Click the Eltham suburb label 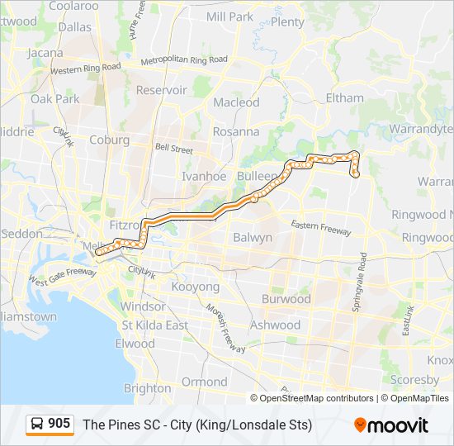coord(344,97)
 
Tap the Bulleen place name coord(260,177)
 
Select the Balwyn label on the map coord(253,237)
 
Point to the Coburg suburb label coord(109,140)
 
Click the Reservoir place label coord(162,89)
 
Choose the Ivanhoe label coord(204,176)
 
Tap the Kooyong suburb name coord(196,287)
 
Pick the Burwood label coord(286,299)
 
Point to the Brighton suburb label coord(147,387)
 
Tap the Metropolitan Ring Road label coord(183,60)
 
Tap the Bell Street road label coord(173,149)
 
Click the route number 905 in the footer coord(59,424)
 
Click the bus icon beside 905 coord(37,425)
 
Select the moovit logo coord(391,425)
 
